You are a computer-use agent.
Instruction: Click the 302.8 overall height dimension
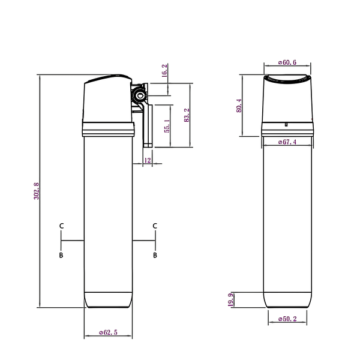click(37, 191)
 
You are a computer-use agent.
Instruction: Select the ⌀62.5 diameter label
click(108, 332)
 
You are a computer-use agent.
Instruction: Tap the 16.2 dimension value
click(164, 70)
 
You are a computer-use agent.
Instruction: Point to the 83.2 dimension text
click(187, 115)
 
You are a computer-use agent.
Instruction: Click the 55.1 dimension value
click(167, 126)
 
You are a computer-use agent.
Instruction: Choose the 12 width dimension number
click(148, 160)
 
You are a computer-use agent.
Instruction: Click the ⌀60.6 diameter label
click(287, 62)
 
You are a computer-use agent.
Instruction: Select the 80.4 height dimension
click(239, 106)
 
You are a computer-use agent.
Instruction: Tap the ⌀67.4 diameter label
click(287, 142)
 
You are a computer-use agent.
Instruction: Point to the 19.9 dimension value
click(231, 300)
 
